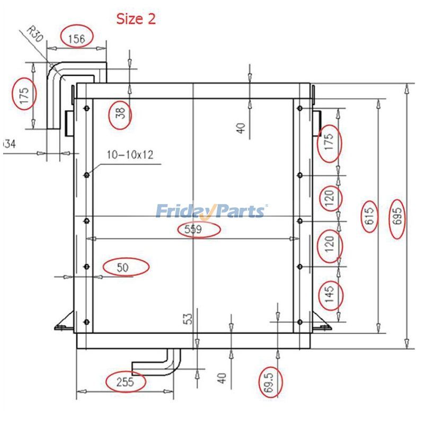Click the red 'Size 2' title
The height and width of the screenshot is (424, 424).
pos(136,19)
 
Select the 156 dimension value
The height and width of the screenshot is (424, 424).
pos(76,39)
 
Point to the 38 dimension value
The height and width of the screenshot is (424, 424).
pos(120,113)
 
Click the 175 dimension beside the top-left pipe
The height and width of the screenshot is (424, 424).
pos(24,95)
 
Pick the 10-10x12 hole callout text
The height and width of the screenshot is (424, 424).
pos(130,155)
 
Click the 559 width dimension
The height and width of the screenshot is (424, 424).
pos(193,229)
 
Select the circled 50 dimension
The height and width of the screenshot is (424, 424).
pos(122,268)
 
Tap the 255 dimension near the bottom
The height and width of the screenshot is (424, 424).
pos(125,382)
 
